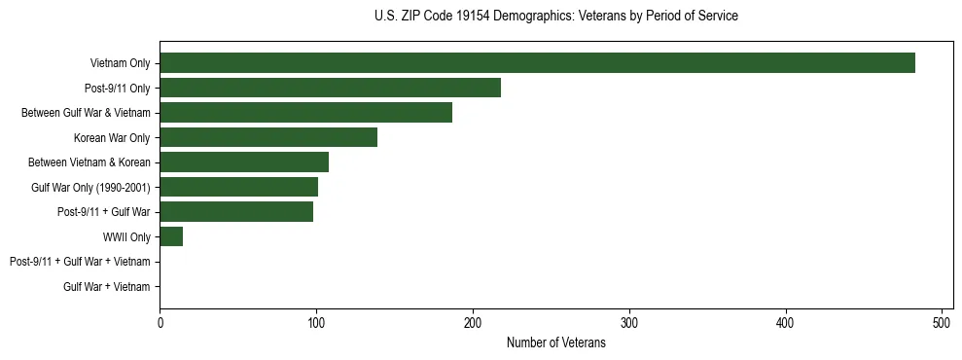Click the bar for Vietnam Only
click(537, 63)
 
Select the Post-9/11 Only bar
click(330, 88)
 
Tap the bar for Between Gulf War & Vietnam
click(305, 113)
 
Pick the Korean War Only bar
click(268, 137)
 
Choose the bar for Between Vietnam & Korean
click(244, 162)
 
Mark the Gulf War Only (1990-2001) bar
click(238, 187)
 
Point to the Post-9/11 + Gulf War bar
click(236, 212)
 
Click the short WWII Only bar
click(171, 236)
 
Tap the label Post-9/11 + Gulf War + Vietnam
click(80, 262)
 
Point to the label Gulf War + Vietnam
click(107, 286)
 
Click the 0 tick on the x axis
click(160, 324)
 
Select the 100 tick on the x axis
click(316, 324)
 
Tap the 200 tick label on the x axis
click(473, 324)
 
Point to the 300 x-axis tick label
click(629, 324)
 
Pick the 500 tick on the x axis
click(942, 324)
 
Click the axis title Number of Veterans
click(555, 343)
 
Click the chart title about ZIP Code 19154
click(555, 17)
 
